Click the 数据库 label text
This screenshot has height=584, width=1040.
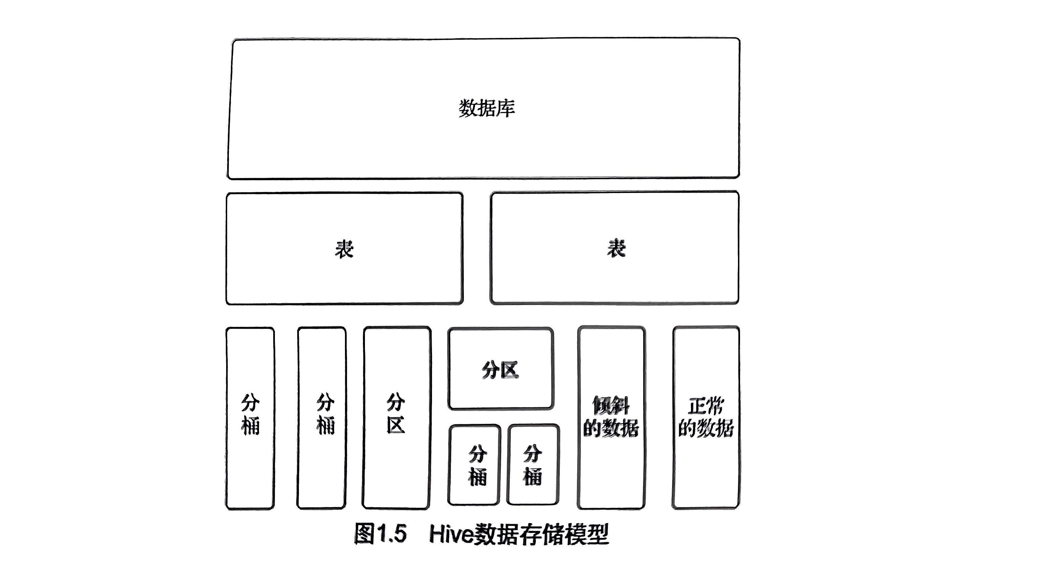pos(486,108)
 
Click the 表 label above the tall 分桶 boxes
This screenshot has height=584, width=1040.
pos(344,249)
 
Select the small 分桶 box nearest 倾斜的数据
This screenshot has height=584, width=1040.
pos(533,464)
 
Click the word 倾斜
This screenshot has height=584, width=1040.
pos(611,406)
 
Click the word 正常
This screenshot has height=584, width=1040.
pos(706,406)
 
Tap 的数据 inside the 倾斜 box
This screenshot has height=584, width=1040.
pos(611,428)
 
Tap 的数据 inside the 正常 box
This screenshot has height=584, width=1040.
pos(706,428)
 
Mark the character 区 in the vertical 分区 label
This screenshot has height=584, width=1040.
pos(396,425)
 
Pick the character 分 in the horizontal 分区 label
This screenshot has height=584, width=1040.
pos(490,370)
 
